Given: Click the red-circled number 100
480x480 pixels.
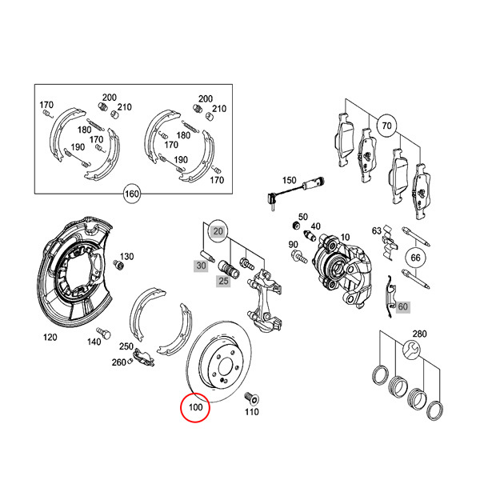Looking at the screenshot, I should [195, 407].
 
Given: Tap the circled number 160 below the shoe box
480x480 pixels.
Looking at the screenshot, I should [131, 193].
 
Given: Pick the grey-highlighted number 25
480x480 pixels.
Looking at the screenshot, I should [224, 281].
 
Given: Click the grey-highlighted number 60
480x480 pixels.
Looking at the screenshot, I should [402, 306].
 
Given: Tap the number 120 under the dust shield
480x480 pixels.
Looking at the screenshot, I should [50, 338].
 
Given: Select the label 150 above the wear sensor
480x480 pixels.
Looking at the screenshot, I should [289, 180].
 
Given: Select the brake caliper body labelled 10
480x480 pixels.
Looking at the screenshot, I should [340, 268].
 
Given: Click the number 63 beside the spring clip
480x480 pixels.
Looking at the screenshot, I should [376, 231].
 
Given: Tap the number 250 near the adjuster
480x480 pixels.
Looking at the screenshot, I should [126, 346].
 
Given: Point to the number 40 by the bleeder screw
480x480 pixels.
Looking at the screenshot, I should [316, 226].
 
